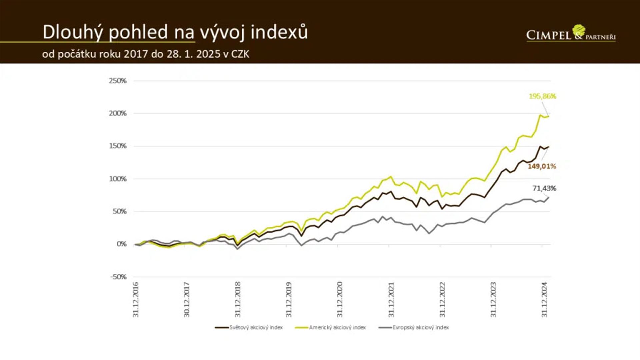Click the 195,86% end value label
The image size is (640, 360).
pos(542,96)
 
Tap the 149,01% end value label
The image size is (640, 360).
pos(542,166)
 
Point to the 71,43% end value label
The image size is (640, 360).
pos(544,188)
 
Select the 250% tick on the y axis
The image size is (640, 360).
pos(118,81)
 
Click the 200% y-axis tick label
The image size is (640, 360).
pos(118,113)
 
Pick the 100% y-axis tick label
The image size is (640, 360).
pos(118,179)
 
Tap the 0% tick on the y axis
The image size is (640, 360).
pos(121,244)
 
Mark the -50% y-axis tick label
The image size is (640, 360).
pos(118,277)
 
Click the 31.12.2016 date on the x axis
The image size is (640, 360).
pos(136,299)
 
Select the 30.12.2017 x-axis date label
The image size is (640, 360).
pos(187,299)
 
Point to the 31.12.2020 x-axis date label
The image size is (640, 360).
pos(340,299)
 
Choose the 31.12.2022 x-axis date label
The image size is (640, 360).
pos(442,299)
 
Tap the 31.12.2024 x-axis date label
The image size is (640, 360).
pos(544,299)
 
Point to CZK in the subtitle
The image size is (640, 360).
pos(240,54)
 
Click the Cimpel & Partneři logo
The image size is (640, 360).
pos(571,34)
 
